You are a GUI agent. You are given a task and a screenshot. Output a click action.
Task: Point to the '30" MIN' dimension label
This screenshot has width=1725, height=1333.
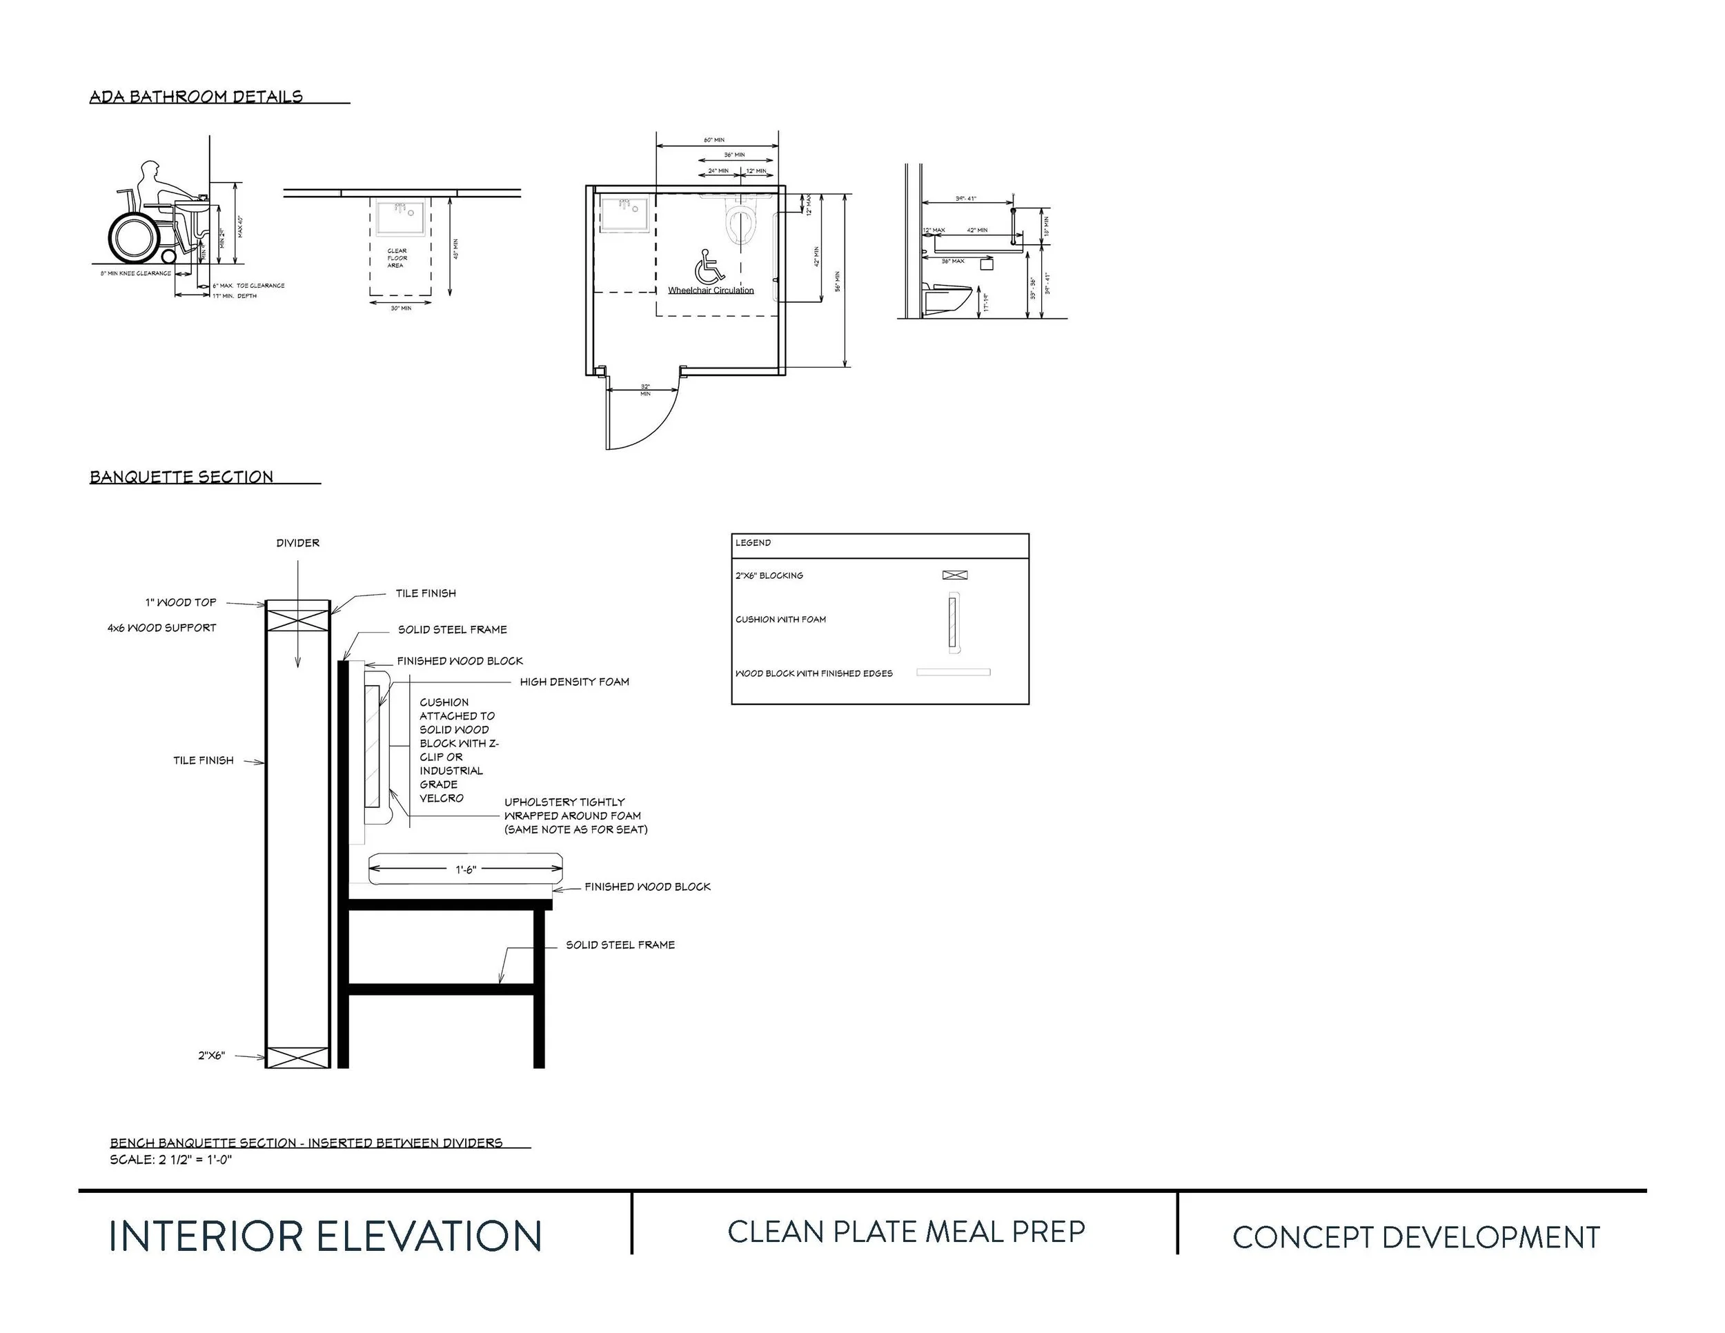tap(400, 308)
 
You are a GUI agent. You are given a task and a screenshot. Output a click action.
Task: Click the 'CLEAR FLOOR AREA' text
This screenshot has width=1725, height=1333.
tap(397, 258)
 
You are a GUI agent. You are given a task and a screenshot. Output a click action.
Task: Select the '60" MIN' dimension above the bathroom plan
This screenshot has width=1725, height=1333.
tap(714, 141)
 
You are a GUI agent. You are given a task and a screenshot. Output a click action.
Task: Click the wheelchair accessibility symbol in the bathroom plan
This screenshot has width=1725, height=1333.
tap(709, 267)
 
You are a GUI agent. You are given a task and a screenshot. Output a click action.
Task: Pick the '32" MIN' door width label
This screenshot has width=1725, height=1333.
tap(645, 389)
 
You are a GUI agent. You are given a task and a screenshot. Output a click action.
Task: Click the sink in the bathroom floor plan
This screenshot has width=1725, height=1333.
tap(624, 215)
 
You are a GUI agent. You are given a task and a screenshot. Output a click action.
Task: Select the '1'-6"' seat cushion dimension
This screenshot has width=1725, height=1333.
tap(466, 869)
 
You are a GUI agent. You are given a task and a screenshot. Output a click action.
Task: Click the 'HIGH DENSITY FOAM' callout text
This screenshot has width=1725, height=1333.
tap(574, 682)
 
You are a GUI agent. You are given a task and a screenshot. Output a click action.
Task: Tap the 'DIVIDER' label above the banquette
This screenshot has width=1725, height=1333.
tap(298, 542)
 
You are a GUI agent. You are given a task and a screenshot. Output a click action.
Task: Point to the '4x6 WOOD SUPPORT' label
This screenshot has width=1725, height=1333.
tap(162, 628)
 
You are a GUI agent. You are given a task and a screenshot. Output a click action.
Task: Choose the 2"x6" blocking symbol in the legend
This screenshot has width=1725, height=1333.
tap(955, 575)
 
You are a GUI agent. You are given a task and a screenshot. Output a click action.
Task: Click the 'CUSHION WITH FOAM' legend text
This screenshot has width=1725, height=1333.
tap(780, 619)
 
